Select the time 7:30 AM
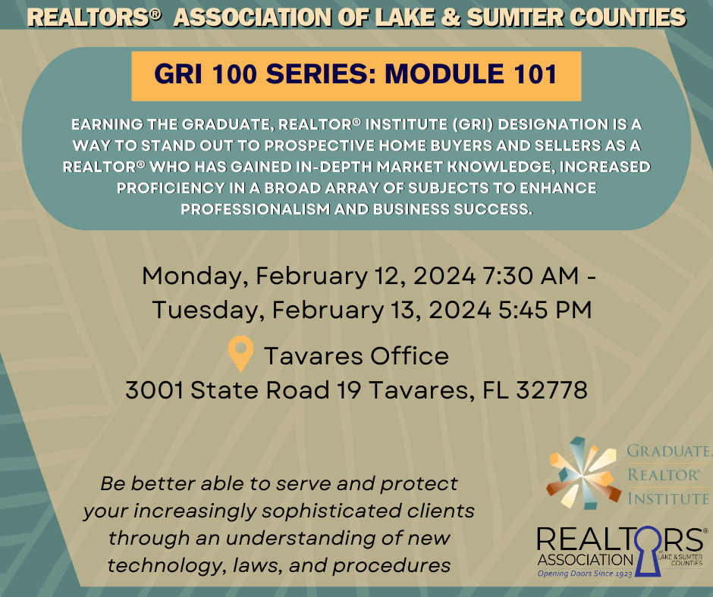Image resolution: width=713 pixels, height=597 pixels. [x=530, y=275]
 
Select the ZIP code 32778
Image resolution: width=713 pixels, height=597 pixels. [x=551, y=390]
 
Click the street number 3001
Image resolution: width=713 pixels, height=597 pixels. [x=155, y=390]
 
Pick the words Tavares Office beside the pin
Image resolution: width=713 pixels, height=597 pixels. [x=356, y=355]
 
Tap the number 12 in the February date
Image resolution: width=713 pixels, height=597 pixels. [x=389, y=275]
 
